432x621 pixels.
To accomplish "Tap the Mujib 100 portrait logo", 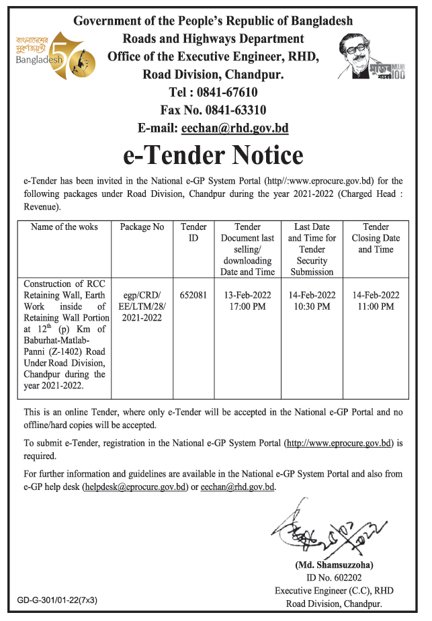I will tap(376, 56).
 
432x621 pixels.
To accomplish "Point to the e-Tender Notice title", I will tap(213, 156).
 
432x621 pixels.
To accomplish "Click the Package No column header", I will tap(142, 227).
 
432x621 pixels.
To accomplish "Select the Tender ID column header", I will tap(193, 233).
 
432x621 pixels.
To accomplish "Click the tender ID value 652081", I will tap(193, 294).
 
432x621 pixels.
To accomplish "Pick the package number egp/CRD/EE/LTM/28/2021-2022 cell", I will tap(142, 306).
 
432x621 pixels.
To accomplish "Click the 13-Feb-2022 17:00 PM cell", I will tap(249, 300).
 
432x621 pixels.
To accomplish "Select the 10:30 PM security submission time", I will tap(312, 306).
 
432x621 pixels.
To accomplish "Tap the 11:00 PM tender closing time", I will tap(376, 306).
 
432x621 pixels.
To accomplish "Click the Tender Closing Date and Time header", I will tap(376, 238).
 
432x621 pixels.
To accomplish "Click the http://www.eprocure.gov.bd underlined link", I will tap(339, 443).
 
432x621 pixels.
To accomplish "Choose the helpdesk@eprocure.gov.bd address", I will tap(134, 487).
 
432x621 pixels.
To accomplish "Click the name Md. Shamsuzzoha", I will tap(334, 565).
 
